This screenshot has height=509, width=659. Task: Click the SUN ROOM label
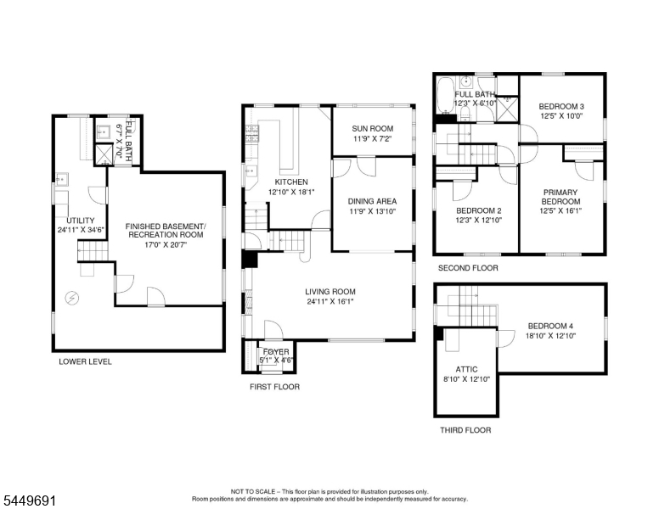(372, 128)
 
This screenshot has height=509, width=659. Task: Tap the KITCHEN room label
(291, 182)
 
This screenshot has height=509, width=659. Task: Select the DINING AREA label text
(372, 201)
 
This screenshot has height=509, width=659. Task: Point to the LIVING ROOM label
(330, 292)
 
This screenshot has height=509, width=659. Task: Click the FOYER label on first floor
(276, 351)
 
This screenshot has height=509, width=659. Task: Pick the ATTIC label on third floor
(466, 369)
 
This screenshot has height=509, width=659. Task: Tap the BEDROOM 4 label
(550, 326)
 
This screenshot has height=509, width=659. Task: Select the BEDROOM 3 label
(561, 107)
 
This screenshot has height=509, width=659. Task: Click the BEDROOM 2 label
(479, 210)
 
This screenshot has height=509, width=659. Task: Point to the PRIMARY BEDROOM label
(560, 197)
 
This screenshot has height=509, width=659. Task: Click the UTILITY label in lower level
(81, 221)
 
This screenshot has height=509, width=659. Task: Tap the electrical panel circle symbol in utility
(72, 298)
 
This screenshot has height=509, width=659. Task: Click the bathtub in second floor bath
(445, 95)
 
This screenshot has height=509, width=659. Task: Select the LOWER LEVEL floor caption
(85, 361)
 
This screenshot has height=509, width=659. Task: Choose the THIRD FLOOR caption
(465, 430)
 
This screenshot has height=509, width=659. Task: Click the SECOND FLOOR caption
(468, 268)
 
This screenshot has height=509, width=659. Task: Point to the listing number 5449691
(30, 501)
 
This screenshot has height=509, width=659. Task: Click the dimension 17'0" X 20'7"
(166, 244)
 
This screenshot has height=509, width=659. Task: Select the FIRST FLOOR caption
(275, 387)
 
